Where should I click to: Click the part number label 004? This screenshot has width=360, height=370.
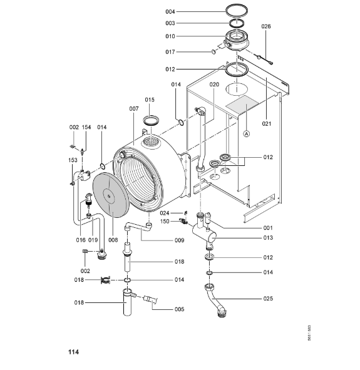(170, 11)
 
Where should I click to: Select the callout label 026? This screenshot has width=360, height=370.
(266, 26)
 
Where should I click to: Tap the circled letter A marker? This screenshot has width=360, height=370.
(246, 134)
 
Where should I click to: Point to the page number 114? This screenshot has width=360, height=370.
(74, 352)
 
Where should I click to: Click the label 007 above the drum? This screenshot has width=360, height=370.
(134, 109)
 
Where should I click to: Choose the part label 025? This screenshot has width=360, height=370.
(268, 299)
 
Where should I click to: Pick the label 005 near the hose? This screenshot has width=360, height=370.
(179, 309)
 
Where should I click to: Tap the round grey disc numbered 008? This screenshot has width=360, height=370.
(111, 195)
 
